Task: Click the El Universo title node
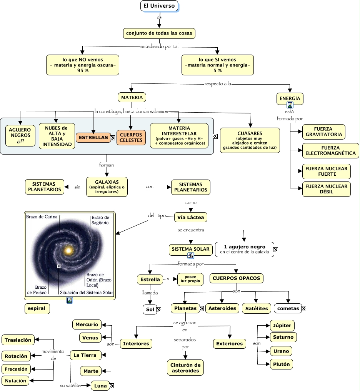click(159, 6)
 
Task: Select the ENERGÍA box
click(290, 98)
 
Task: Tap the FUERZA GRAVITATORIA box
click(323, 132)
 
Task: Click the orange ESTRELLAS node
click(93, 137)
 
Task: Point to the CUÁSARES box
click(250, 140)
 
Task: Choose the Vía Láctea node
click(191, 217)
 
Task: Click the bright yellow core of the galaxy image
click(69, 251)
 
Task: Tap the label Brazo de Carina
click(42, 217)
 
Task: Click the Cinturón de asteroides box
click(185, 368)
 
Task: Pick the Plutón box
click(282, 364)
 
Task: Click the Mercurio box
click(87, 324)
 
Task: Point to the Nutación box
click(16, 381)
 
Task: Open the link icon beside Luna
click(112, 386)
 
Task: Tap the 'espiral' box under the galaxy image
click(37, 308)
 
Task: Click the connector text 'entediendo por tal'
click(159, 47)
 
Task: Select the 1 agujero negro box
click(244, 249)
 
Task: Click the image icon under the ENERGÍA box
click(290, 105)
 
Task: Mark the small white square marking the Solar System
click(58, 266)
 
